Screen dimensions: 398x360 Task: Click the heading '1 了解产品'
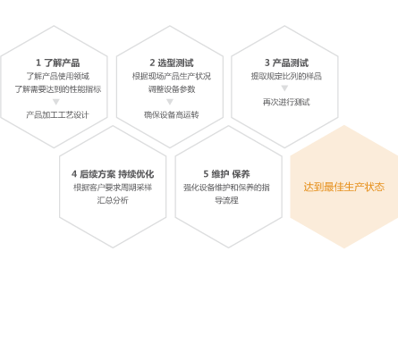58,63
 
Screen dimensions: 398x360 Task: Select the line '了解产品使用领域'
58,76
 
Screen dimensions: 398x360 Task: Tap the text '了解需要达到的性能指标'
58,89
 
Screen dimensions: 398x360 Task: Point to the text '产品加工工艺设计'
57,115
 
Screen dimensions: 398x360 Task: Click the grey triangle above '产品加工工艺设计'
56,102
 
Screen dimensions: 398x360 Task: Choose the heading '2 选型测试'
172,63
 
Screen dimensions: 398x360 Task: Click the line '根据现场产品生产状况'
172,76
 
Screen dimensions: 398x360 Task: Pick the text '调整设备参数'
172,89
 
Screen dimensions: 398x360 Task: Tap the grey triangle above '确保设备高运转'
170,102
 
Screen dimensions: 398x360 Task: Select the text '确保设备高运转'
172,115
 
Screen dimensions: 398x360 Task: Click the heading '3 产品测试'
286,63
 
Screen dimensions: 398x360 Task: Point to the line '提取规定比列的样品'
286,76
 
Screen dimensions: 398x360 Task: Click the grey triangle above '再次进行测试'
284,88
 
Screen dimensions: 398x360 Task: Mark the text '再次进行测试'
286,102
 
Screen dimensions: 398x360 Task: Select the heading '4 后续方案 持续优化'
113,174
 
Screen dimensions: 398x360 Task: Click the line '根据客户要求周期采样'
113,188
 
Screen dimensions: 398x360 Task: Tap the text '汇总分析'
113,200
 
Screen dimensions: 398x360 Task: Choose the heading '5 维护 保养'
226,174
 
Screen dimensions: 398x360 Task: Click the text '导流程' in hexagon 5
226,200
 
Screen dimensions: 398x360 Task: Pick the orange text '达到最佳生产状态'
344,187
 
